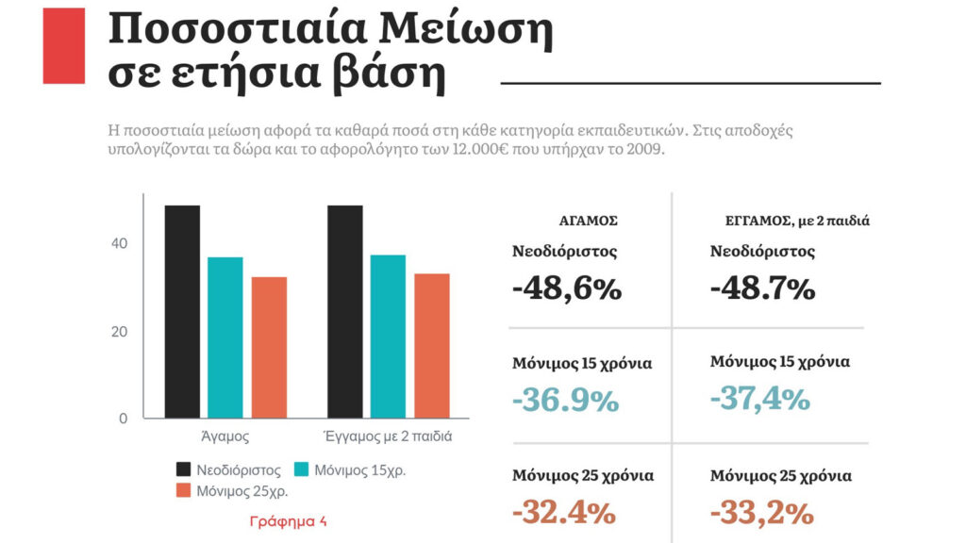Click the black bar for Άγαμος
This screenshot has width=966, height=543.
click(x=182, y=311)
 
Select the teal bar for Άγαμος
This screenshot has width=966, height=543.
click(x=225, y=337)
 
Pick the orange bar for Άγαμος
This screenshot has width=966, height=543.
click(x=269, y=347)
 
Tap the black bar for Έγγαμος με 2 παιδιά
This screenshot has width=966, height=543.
click(x=345, y=311)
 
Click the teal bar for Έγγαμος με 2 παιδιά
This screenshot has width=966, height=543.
click(x=389, y=336)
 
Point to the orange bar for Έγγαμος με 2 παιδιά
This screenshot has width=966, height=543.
click(x=432, y=345)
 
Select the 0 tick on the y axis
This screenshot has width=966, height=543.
click(x=123, y=419)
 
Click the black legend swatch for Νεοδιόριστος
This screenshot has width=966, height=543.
click(x=185, y=469)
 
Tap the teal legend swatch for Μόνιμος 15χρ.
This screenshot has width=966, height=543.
click(x=302, y=469)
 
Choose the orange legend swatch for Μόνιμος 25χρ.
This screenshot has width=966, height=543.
click(x=185, y=490)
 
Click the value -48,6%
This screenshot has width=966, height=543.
click(x=567, y=288)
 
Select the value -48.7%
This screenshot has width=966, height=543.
click(x=762, y=288)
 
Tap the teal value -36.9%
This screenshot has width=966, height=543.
click(x=566, y=400)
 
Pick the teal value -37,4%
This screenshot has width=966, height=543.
click(x=760, y=398)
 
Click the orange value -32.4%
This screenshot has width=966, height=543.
click(x=564, y=513)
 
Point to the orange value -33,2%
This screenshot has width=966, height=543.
click(x=761, y=513)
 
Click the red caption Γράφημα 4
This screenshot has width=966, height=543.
click(x=288, y=520)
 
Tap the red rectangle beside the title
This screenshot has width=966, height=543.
click(x=64, y=45)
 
